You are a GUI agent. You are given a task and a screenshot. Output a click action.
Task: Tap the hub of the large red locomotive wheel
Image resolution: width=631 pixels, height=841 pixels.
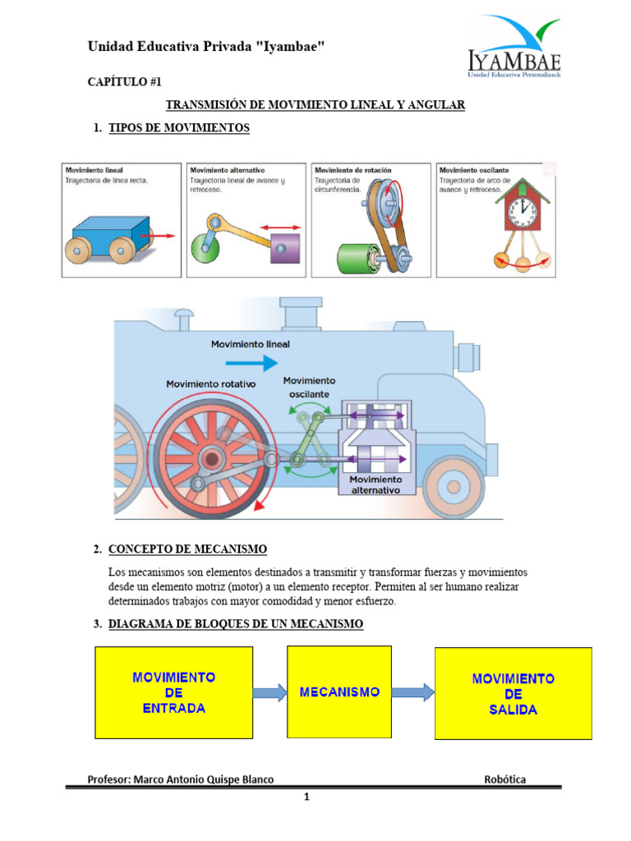pyautogui.click(x=212, y=457)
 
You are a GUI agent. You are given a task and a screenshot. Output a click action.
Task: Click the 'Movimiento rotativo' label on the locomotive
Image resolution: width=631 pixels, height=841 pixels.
pyautogui.click(x=211, y=384)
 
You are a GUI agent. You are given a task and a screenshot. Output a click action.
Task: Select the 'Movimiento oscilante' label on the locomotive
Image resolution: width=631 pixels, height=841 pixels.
pyautogui.click(x=309, y=388)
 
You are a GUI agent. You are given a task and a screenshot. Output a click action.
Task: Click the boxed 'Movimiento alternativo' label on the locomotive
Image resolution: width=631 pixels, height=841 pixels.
pyautogui.click(x=375, y=484)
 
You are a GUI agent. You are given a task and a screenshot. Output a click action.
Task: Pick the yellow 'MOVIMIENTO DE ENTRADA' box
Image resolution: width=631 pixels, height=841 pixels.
pyautogui.click(x=173, y=693)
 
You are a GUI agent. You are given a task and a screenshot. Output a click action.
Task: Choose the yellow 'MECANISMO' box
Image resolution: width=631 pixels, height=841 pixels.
pyautogui.click(x=339, y=692)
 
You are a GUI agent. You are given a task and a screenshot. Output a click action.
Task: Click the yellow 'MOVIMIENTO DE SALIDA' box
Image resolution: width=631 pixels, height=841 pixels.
pyautogui.click(x=513, y=693)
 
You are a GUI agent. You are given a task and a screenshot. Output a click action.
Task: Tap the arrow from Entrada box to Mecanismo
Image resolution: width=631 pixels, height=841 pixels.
pyautogui.click(x=269, y=692)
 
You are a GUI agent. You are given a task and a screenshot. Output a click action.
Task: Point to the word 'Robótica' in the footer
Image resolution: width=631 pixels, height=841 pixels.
pyautogui.click(x=505, y=779)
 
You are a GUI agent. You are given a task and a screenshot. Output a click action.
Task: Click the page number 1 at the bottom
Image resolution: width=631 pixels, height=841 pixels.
pyautogui.click(x=306, y=796)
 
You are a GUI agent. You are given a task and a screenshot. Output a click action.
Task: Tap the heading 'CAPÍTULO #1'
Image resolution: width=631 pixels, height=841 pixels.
pyautogui.click(x=124, y=82)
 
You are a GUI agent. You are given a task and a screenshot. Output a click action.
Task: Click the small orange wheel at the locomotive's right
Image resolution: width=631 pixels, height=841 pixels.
pyautogui.click(x=454, y=488)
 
